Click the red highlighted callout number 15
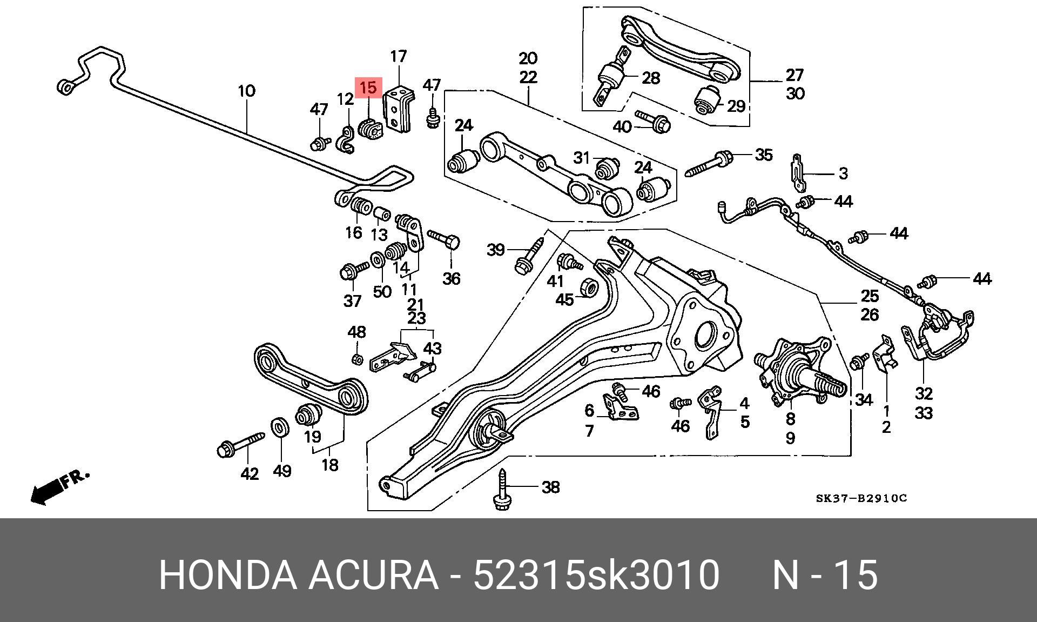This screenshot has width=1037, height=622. (368, 87)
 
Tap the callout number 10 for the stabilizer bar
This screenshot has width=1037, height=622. (247, 90)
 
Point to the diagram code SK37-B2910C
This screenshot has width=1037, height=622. (861, 498)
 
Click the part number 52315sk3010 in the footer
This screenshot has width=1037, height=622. (596, 575)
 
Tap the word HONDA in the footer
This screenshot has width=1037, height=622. (228, 575)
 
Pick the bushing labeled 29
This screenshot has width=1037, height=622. (707, 99)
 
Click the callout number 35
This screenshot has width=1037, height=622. (764, 155)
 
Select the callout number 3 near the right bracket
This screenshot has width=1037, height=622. (843, 173)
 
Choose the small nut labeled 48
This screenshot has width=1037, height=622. (356, 358)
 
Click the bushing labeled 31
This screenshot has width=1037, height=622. (607, 167)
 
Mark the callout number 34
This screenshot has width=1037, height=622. (864, 400)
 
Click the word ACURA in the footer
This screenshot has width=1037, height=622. (373, 575)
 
